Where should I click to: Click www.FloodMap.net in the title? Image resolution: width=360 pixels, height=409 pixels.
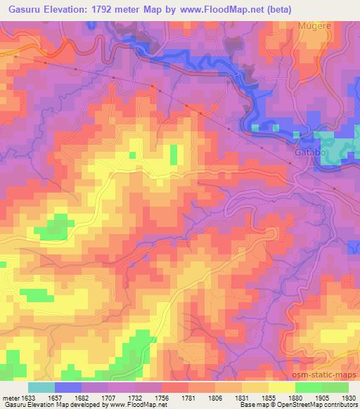click(x=212, y=9)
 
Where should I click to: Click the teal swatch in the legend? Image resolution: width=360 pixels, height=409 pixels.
click(x=41, y=387)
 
